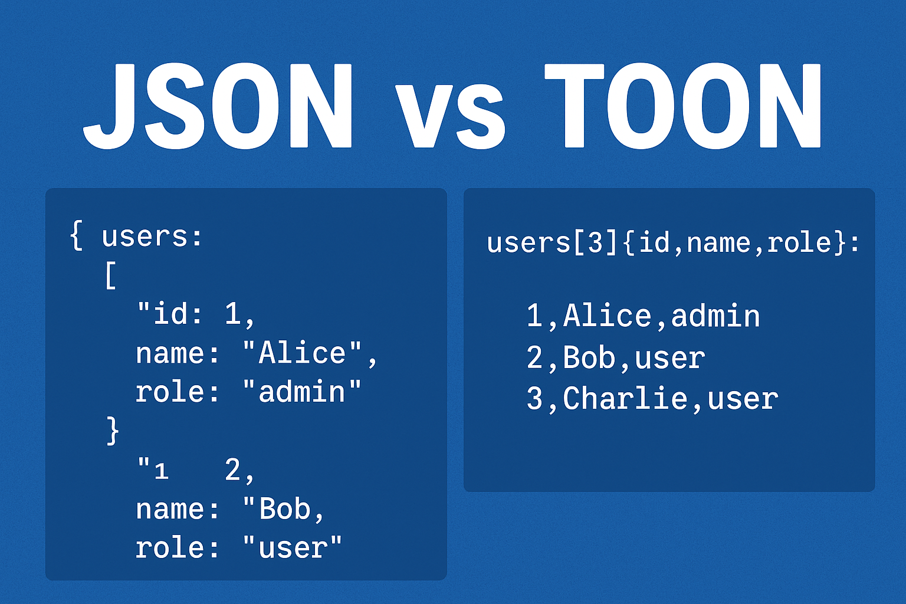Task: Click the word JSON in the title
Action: [x=218, y=106]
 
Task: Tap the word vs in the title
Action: [x=450, y=115]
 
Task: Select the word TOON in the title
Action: [x=682, y=106]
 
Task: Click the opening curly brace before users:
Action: [x=76, y=236]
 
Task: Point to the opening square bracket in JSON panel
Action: [x=110, y=275]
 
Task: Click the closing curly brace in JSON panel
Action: [x=112, y=431]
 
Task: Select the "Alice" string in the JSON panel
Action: [x=302, y=353]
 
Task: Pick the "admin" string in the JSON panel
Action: [x=302, y=392]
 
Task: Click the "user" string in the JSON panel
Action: [x=293, y=548]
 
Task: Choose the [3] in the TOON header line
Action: [x=587, y=242]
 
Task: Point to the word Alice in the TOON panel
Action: [x=607, y=316]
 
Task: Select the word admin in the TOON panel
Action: [x=715, y=316]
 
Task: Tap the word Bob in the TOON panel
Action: [x=589, y=357]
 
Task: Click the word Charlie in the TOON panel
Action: [x=625, y=399]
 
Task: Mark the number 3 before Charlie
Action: [x=534, y=399]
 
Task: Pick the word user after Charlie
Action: [x=743, y=399]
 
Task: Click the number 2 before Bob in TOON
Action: [x=534, y=358]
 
